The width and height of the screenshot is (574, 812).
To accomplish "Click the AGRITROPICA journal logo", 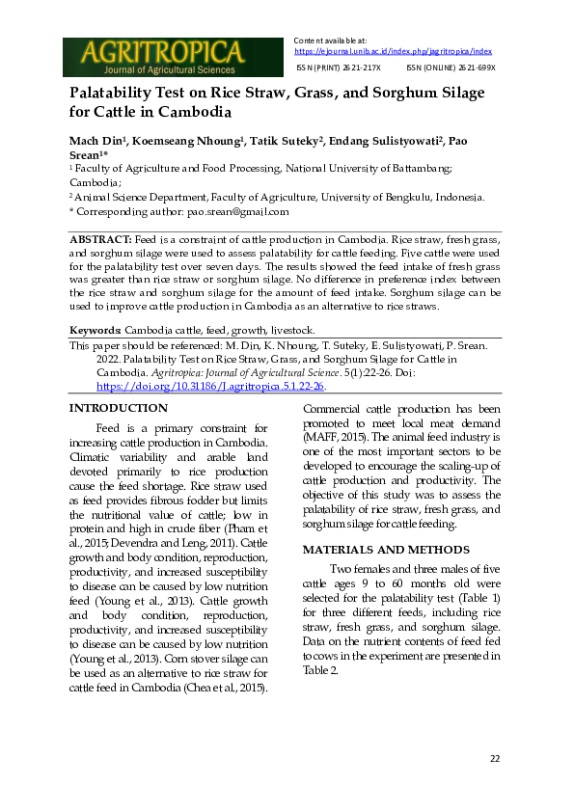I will (x=153, y=57).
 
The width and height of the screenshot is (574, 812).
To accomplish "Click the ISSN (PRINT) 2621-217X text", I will (x=338, y=68).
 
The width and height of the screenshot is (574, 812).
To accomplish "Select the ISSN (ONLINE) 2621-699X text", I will (x=451, y=68).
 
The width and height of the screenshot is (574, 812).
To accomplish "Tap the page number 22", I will (x=494, y=760).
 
